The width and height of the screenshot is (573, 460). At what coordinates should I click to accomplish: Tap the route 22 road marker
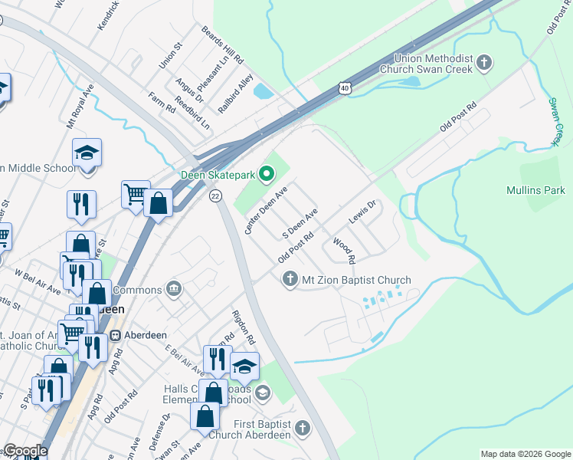[x=216, y=196]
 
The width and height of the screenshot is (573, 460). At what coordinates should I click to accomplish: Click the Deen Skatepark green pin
[x=267, y=175]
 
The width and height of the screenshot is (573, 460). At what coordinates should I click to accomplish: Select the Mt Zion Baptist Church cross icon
[x=290, y=280]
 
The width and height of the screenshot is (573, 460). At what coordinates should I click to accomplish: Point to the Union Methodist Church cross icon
[x=483, y=63]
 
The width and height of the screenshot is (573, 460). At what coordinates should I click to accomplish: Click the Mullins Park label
[x=535, y=190]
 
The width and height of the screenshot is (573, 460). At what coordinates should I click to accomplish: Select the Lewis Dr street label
[x=362, y=212]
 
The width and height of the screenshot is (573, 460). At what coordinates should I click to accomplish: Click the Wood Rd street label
[x=344, y=251]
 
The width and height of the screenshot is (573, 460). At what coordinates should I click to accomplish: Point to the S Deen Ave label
[x=300, y=222]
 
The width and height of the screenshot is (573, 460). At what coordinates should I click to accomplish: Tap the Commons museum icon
[x=174, y=289]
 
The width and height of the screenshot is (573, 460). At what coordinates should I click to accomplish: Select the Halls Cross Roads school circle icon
[x=263, y=393]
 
